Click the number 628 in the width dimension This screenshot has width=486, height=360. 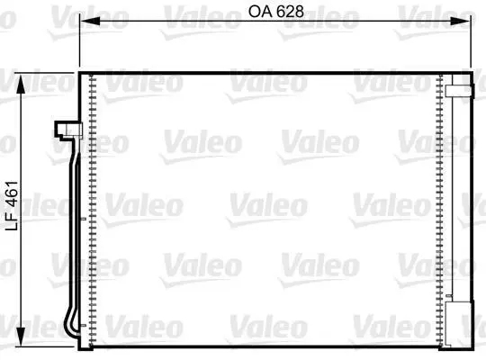(x=290, y=12)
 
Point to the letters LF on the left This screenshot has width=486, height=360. (x=13, y=221)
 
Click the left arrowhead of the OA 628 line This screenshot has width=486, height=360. (x=90, y=21)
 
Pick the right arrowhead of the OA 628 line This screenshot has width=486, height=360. (x=461, y=21)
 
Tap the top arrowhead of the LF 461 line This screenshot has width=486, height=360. (x=21, y=84)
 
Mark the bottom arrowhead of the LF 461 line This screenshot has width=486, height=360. (x=21, y=337)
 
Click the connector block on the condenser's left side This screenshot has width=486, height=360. (x=68, y=130)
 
